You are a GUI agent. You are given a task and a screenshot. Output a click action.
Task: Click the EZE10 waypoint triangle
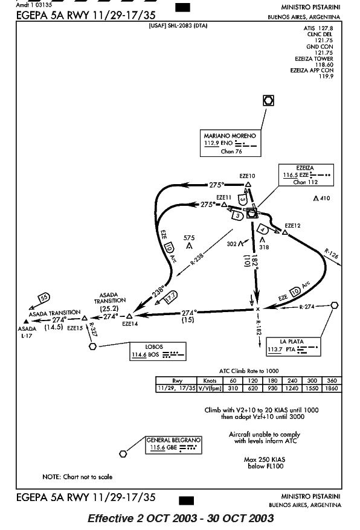[248, 185]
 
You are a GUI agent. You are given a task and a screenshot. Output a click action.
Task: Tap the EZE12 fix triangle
[285, 232]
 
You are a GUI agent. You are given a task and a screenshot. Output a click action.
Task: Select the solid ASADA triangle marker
[26, 321]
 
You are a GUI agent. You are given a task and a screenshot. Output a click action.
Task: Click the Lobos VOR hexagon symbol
[92, 346]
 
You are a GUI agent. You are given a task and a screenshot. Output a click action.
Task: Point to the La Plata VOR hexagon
[334, 305]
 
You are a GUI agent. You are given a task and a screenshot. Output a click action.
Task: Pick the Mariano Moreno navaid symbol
[268, 100]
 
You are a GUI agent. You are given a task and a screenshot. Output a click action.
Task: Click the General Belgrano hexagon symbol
[123, 453]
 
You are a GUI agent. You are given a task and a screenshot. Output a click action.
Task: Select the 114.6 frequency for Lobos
[139, 354]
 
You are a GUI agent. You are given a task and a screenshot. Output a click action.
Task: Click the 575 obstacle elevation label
[189, 238]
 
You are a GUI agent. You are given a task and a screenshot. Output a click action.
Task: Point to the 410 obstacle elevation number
[325, 198]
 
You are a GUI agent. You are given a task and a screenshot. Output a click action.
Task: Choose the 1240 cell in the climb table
[292, 388]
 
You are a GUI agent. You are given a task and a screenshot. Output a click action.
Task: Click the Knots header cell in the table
[210, 381]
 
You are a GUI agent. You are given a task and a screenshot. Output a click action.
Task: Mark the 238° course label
[158, 291]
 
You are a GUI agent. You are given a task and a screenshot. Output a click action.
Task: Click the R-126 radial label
[331, 254]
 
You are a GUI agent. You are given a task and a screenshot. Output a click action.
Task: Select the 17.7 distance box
[170, 297]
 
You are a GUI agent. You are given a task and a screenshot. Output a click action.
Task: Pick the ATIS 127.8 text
[318, 28]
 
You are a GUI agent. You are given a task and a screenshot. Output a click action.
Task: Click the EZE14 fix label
[130, 324]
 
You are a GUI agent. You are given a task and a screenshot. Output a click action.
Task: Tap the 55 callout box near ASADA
[44, 298]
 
